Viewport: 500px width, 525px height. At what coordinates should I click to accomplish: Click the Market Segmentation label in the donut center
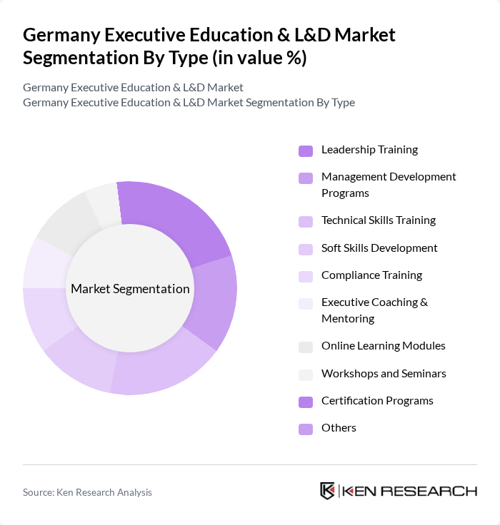[130, 289]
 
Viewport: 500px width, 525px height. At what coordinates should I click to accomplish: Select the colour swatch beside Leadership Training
[306, 151]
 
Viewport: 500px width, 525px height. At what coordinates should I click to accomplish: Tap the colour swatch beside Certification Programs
[306, 402]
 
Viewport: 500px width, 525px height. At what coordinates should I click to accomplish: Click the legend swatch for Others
[306, 429]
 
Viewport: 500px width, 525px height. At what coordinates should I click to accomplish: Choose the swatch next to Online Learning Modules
[306, 347]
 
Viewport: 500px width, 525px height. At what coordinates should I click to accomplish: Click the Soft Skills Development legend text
[379, 248]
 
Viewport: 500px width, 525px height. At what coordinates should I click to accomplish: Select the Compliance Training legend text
[371, 275]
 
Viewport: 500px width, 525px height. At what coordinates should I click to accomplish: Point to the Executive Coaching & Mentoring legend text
[374, 310]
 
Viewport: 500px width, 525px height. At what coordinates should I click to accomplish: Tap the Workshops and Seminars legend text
[384, 374]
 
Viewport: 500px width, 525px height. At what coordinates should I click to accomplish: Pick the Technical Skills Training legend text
[378, 220]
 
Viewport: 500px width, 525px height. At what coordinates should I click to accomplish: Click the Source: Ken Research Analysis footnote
[87, 492]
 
